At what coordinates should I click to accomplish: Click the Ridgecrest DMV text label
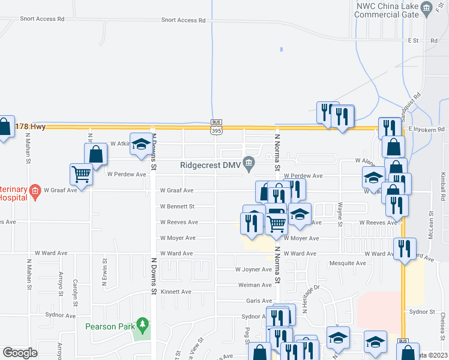point(209,165)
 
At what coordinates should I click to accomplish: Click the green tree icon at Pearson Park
point(142,325)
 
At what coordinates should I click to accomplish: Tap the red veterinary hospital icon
point(35,191)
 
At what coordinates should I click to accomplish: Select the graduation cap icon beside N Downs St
point(141,144)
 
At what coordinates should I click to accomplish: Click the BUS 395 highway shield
point(217,127)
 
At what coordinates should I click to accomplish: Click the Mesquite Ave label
point(348,263)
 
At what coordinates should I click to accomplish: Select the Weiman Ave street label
point(255,285)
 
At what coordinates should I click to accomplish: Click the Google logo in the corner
point(20,352)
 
